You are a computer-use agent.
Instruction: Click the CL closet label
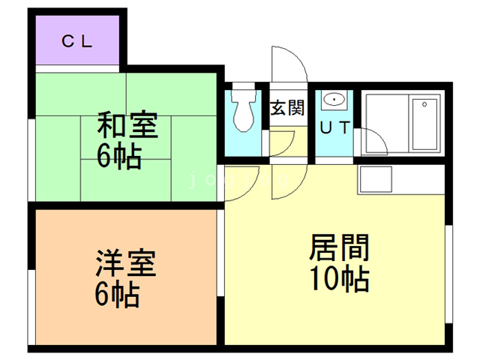click(76, 42)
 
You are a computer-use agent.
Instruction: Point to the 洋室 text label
click(125, 263)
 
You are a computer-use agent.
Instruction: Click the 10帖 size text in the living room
click(339, 279)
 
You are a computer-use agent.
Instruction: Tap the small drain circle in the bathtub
click(425, 104)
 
